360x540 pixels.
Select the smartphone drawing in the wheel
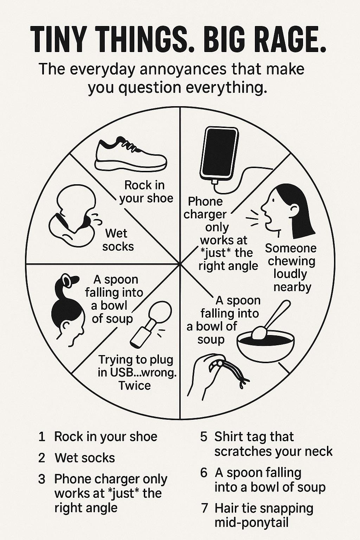219,153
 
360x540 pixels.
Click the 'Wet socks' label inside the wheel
118,240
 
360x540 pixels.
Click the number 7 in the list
204,508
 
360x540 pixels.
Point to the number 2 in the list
42,458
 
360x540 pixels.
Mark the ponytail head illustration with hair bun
67,310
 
